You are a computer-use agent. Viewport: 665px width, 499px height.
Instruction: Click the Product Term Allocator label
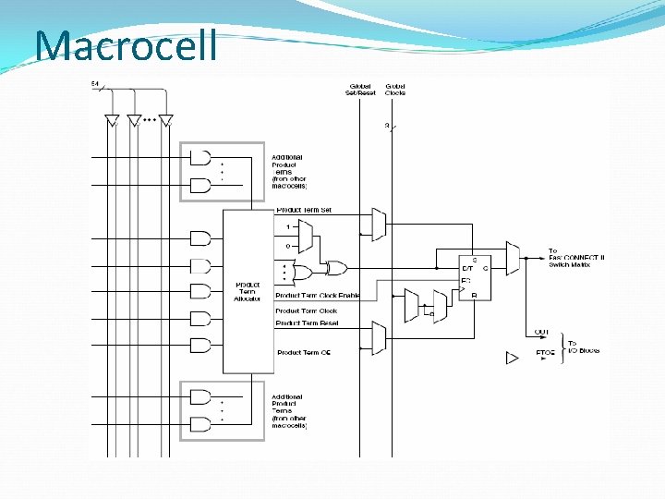(x=247, y=291)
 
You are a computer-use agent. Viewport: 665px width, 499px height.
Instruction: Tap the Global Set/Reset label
(x=361, y=90)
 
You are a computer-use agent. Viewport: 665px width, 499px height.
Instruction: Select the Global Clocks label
(x=394, y=90)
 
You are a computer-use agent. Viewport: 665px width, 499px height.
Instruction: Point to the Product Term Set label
(x=304, y=211)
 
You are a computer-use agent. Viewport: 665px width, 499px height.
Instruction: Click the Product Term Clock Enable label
(x=317, y=296)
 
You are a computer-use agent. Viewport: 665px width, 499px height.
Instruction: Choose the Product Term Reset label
(x=307, y=323)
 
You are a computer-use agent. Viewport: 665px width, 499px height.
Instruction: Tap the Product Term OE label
(x=304, y=353)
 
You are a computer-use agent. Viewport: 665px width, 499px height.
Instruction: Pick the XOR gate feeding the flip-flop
(x=337, y=269)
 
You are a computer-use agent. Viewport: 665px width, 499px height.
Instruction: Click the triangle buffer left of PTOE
(x=513, y=358)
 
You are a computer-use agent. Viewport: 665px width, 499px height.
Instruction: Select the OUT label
(x=541, y=332)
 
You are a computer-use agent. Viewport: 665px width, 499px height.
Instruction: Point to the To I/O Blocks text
(x=583, y=347)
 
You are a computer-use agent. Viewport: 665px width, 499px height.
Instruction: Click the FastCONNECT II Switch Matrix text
(x=576, y=258)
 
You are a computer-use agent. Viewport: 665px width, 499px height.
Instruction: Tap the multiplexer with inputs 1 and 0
(x=306, y=236)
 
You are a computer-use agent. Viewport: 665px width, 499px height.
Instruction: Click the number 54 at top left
(x=95, y=84)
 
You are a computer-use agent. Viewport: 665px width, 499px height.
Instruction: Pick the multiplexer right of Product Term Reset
(x=378, y=337)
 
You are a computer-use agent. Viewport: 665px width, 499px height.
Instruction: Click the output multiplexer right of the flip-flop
(x=513, y=258)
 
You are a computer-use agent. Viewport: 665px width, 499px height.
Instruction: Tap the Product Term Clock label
(x=307, y=311)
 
